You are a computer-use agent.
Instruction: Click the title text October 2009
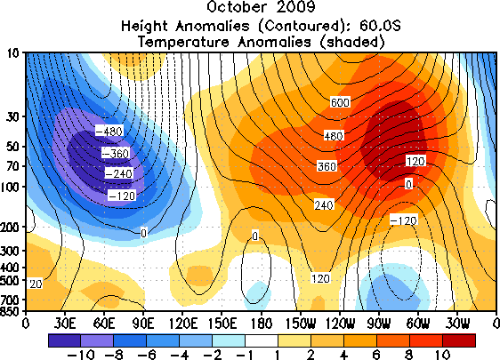pyautogui.click(x=261, y=7)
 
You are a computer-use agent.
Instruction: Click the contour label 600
pyautogui.click(x=340, y=102)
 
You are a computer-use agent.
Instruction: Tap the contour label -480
pyautogui.click(x=109, y=131)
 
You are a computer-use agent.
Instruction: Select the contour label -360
pyautogui.click(x=116, y=153)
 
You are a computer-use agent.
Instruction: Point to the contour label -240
pyautogui.click(x=118, y=173)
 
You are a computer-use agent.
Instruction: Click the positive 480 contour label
pyautogui.click(x=334, y=136)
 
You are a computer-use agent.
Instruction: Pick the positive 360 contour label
pyautogui.click(x=327, y=166)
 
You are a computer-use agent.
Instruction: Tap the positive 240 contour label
pyautogui.click(x=324, y=204)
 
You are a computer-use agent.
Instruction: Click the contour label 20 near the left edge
pyautogui.click(x=36, y=284)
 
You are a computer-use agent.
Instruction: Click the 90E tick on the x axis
pyautogui.click(x=143, y=324)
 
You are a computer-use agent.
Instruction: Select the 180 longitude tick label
pyautogui.click(x=261, y=324)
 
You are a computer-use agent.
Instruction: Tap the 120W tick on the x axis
pyautogui.click(x=340, y=324)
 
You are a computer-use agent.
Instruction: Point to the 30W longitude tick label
pyautogui.click(x=457, y=324)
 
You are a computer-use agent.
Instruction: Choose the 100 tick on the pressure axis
pyautogui.click(x=11, y=187)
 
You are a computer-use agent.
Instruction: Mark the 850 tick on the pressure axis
pyautogui.click(x=11, y=310)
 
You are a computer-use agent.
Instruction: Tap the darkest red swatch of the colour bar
pyautogui.click(x=459, y=340)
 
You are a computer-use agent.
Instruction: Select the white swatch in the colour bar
pyautogui.click(x=262, y=340)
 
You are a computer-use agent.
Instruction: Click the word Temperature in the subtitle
pyautogui.click(x=183, y=42)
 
